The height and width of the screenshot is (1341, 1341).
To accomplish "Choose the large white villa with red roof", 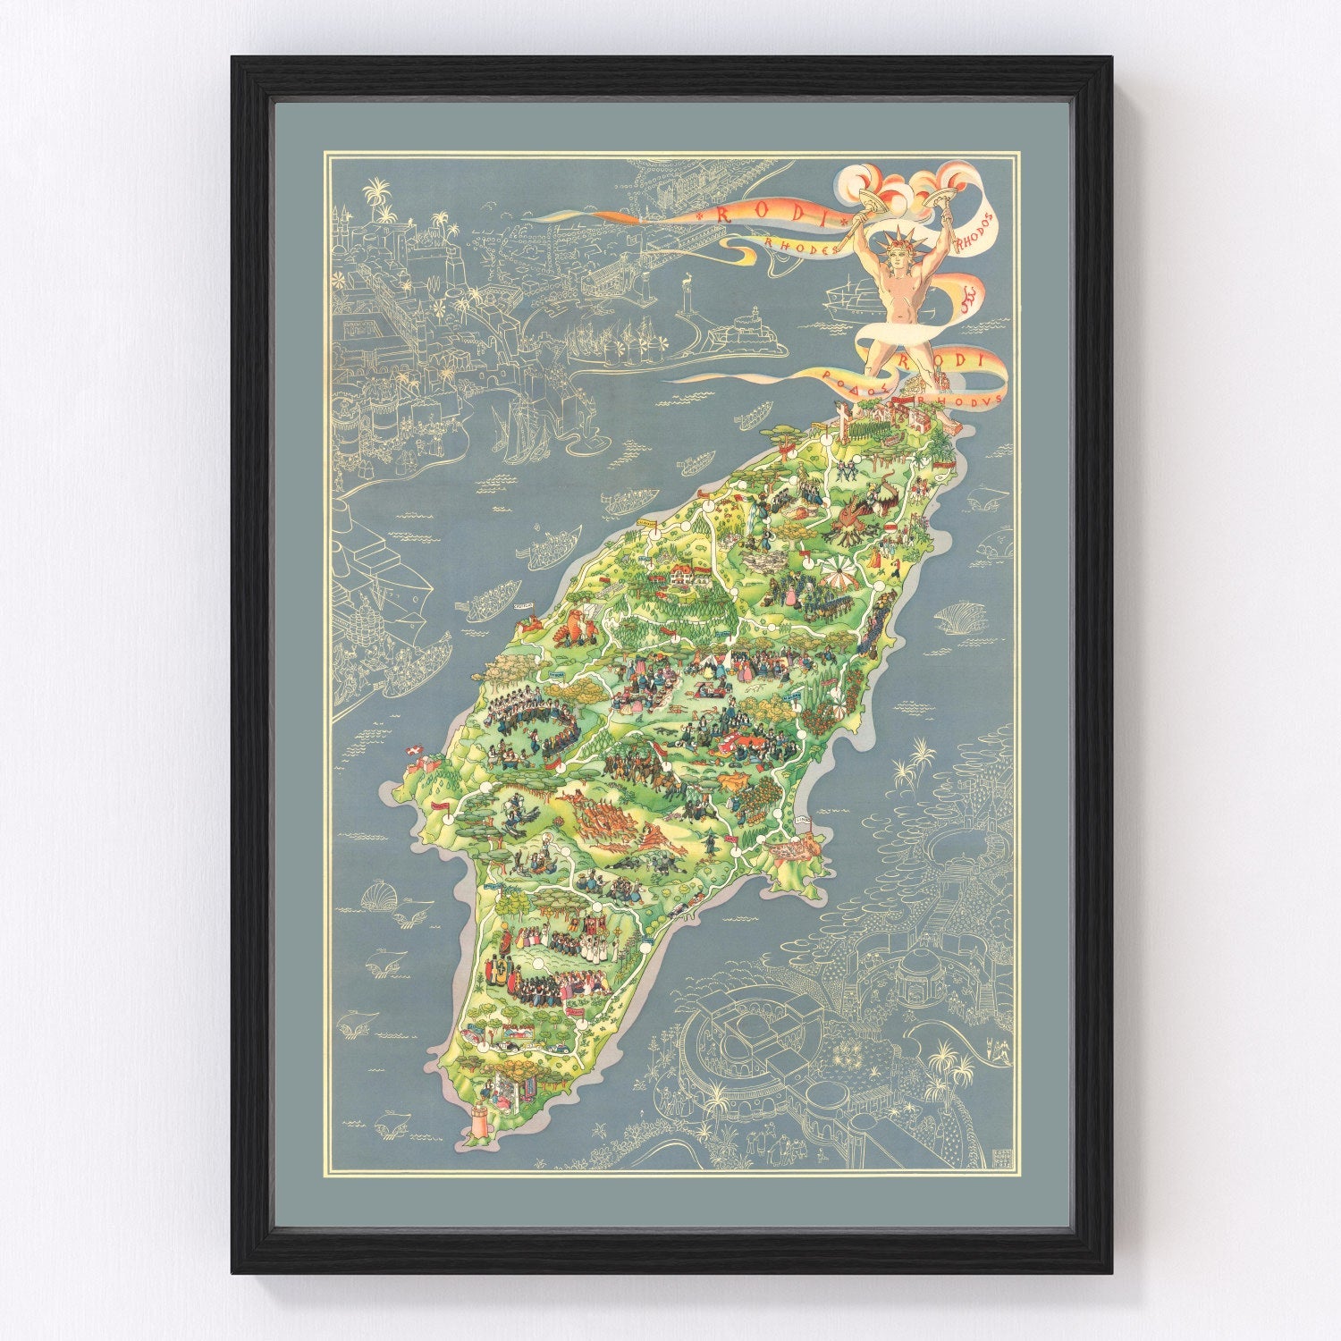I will tap(686, 574).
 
